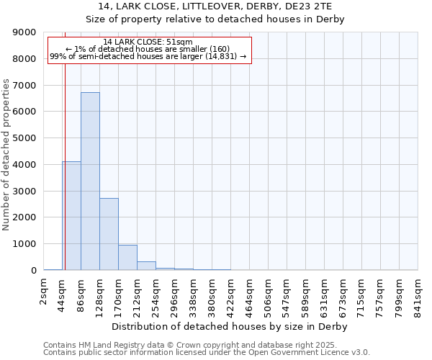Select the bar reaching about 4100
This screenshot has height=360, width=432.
(71, 216)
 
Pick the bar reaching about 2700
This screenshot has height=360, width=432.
(109, 234)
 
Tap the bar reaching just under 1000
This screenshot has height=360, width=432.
(127, 258)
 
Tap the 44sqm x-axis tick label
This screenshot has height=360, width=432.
(63, 294)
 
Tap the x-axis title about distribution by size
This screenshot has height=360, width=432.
(230, 327)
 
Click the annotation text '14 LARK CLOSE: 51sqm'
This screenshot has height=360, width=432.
(148, 42)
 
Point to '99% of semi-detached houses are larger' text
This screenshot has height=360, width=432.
(148, 56)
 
